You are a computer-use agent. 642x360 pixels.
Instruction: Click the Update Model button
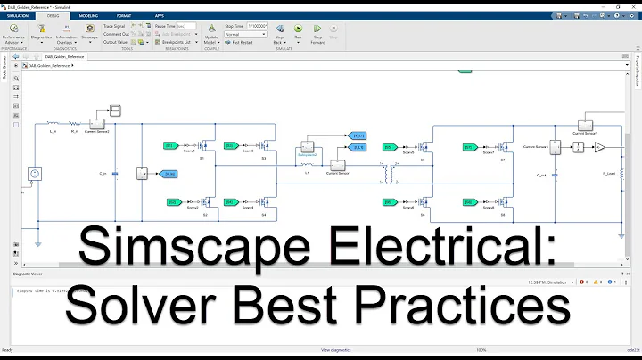pyautogui.click(x=210, y=34)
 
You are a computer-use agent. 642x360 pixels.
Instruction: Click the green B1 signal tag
pyautogui.click(x=169, y=144)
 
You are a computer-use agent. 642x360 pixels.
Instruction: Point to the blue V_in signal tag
pyautogui.click(x=169, y=174)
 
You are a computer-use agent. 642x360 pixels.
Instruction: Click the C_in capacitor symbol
pyautogui.click(x=114, y=173)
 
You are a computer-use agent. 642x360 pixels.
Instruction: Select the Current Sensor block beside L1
pyautogui.click(x=339, y=166)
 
